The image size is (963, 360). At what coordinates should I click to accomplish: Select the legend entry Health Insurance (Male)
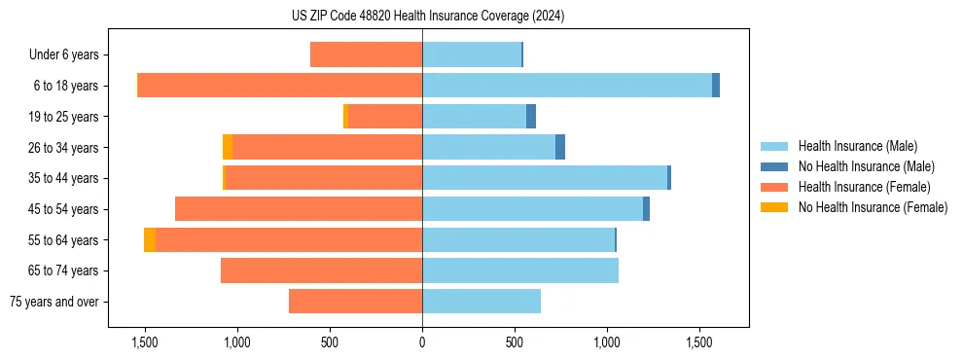[857, 146]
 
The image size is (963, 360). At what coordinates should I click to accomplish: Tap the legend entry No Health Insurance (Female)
[873, 207]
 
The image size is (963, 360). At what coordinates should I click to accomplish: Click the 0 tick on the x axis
[422, 342]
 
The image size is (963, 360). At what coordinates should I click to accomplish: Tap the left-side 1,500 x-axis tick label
[144, 342]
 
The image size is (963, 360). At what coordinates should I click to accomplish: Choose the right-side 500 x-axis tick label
[515, 342]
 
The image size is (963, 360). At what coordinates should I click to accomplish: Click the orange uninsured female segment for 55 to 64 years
[150, 240]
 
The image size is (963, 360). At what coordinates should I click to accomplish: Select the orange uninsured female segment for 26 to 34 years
[228, 147]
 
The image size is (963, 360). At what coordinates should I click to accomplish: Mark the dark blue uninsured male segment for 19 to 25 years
[531, 117]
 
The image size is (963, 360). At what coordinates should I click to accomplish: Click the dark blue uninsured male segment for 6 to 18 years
[716, 86]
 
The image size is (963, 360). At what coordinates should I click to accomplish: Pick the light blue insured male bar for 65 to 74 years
[520, 270]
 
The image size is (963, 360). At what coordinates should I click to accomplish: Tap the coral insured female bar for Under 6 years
[366, 55]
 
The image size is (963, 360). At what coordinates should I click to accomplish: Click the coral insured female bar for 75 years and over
[355, 302]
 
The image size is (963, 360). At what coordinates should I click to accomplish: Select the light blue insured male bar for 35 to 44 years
[545, 178]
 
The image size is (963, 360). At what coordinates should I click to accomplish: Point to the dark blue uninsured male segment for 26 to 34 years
[560, 147]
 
